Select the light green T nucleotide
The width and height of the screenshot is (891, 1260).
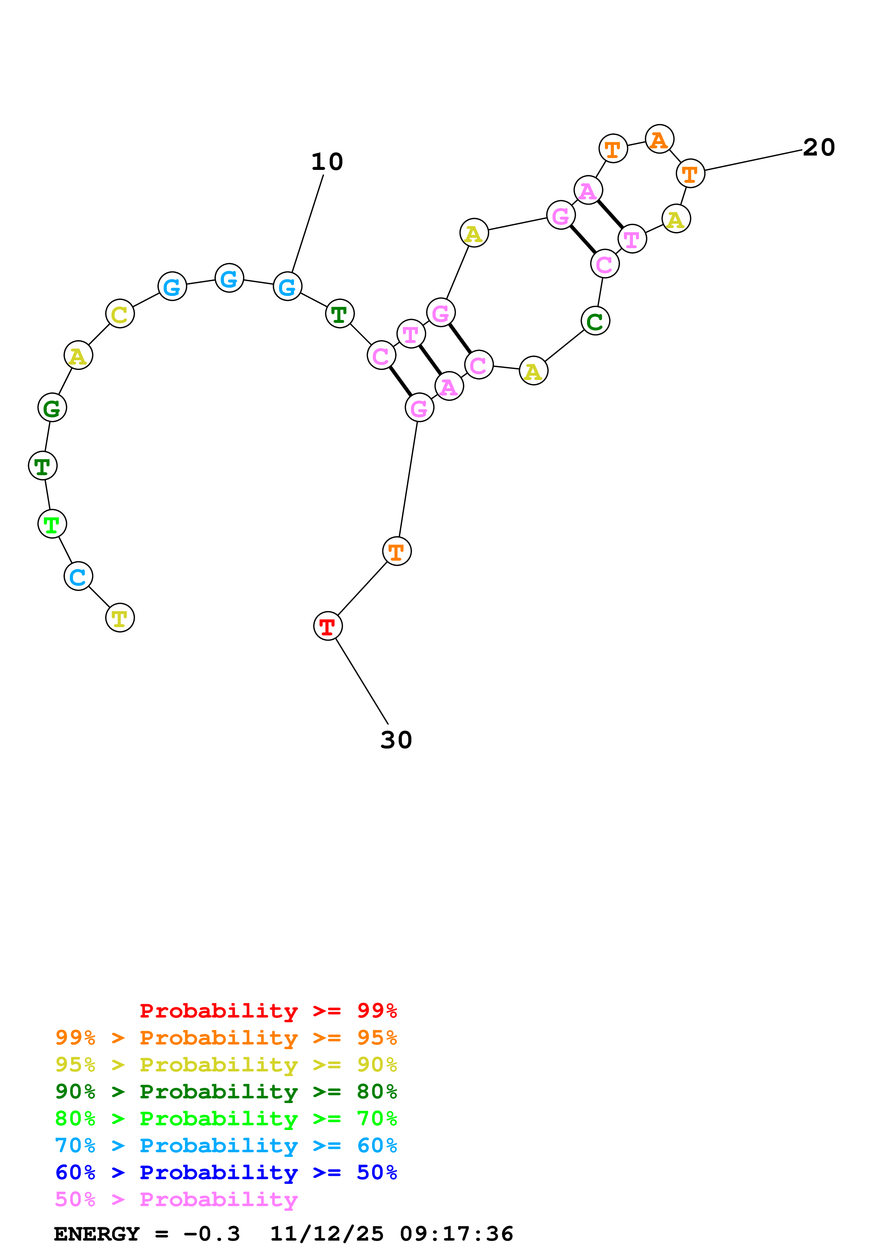(52, 524)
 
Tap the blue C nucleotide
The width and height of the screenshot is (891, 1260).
(78, 576)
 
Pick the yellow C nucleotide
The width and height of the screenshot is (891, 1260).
(120, 314)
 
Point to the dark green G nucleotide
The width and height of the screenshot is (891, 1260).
(52, 408)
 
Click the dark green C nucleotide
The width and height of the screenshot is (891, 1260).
(595, 321)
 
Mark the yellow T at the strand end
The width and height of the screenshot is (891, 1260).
(120, 618)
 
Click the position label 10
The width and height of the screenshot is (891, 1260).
(327, 162)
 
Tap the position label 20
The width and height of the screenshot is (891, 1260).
(818, 148)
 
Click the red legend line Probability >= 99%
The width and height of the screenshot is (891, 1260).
(268, 1011)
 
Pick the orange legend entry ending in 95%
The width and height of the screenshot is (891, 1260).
(226, 1038)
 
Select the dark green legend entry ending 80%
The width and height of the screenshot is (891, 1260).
(226, 1092)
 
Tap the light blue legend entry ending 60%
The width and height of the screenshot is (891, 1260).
(226, 1145)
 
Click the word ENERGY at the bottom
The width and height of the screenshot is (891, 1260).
(97, 1234)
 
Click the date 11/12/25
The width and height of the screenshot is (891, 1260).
(327, 1234)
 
